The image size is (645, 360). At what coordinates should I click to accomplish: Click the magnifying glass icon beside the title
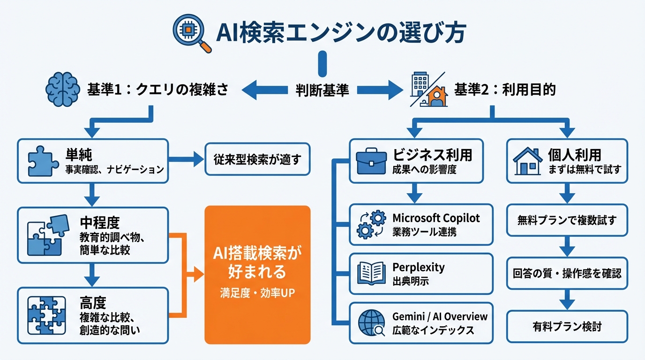tap(192, 33)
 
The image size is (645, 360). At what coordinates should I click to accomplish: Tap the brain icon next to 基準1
tap(63, 89)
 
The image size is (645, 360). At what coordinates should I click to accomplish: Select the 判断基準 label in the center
tap(322, 90)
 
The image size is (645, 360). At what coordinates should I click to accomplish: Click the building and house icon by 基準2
tap(428, 89)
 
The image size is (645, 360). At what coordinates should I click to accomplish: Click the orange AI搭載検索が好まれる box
tap(257, 275)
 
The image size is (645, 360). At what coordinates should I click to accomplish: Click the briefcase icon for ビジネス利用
tap(371, 161)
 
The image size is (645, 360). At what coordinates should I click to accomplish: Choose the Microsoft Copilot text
tap(436, 218)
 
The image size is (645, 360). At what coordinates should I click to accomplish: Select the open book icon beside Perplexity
tap(371, 273)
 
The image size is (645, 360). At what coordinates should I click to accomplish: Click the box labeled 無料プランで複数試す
tap(567, 220)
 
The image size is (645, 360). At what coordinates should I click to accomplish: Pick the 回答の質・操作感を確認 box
tap(567, 273)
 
